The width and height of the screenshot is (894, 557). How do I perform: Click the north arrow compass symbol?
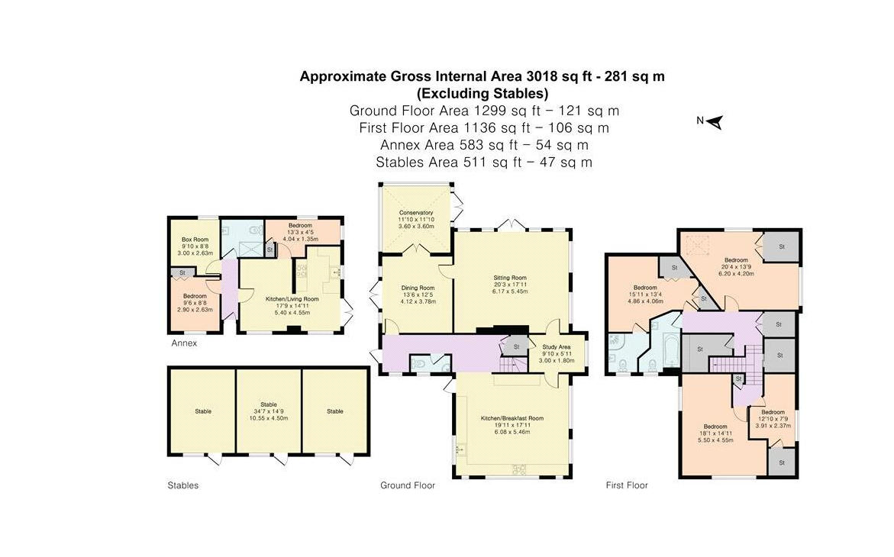coord(715,122)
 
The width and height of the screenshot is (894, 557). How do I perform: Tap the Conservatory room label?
coord(416,213)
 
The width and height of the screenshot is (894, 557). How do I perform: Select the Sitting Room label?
coord(510,278)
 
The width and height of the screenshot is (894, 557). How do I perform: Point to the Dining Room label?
coord(418,288)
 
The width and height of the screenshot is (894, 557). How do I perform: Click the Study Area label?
coord(557,346)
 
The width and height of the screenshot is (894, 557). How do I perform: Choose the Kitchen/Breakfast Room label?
coord(512,418)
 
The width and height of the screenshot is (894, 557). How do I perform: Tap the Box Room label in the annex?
coord(195,240)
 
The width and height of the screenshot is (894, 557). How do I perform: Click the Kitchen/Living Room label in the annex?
coord(292,299)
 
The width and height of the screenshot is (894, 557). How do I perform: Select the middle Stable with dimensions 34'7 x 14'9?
coord(269,411)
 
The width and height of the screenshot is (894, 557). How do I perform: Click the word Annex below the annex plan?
coord(184,343)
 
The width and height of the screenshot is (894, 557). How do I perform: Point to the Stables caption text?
coord(183,485)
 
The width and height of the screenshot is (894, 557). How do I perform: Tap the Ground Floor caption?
coord(408,485)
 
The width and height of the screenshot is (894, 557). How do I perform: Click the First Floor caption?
coord(627,485)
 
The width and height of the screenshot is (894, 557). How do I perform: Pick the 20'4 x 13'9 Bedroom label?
coord(736,260)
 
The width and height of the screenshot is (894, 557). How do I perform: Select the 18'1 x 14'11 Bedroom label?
coord(715,427)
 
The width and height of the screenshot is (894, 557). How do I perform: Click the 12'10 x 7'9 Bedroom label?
coord(773,412)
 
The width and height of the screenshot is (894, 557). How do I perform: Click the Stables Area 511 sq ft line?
coord(484,163)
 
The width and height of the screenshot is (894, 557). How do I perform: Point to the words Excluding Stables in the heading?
coord(483,93)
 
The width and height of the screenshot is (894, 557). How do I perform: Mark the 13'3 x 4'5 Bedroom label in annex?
coord(300,226)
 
